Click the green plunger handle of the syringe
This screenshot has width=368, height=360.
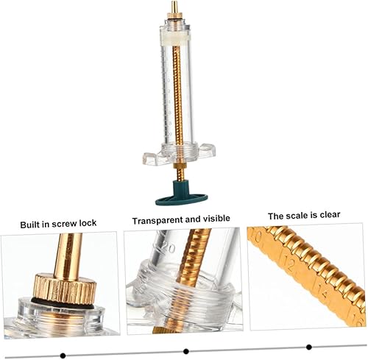pyautogui.click(x=182, y=194)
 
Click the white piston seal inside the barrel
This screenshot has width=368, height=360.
pyautogui.click(x=175, y=39)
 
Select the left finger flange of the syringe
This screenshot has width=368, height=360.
pyautogui.click(x=152, y=158)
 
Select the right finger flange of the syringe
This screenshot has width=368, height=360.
pyautogui.click(x=207, y=150)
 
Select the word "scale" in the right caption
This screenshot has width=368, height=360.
pyautogui.click(x=297, y=216)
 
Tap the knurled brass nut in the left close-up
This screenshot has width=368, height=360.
pyautogui.click(x=64, y=288)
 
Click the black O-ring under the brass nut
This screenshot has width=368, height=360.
pyautogui.click(x=63, y=304)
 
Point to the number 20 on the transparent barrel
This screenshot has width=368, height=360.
pyautogui.click(x=168, y=248)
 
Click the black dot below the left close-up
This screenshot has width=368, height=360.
pyautogui.click(x=63, y=355)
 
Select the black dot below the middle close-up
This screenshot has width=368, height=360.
pyautogui.click(x=186, y=351)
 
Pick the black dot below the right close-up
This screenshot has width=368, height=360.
pyautogui.click(x=309, y=347)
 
